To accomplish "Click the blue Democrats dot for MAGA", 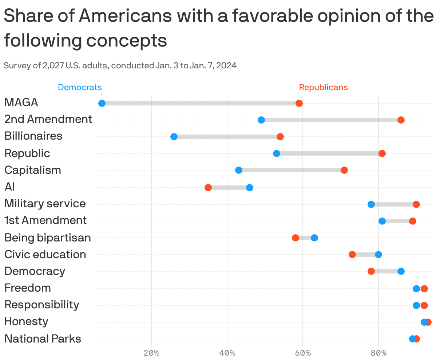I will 102,103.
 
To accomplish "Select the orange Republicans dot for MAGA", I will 299,103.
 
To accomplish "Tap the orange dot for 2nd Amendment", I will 401,120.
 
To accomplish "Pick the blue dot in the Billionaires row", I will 174,137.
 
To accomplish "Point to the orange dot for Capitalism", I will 344,170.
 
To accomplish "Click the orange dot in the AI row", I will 208,188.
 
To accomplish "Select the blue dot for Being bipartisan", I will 314,238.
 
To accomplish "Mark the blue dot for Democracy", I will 401,271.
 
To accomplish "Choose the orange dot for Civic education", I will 352,255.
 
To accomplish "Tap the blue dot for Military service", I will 371,204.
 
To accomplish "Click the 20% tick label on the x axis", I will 151,353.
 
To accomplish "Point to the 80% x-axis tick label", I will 378,353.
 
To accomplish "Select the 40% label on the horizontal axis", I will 227,353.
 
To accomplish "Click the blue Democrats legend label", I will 80,87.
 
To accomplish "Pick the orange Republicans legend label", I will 323,87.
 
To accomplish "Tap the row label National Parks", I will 43,339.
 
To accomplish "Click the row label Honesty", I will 26,321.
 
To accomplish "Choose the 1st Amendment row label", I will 45,220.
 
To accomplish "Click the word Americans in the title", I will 126,16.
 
